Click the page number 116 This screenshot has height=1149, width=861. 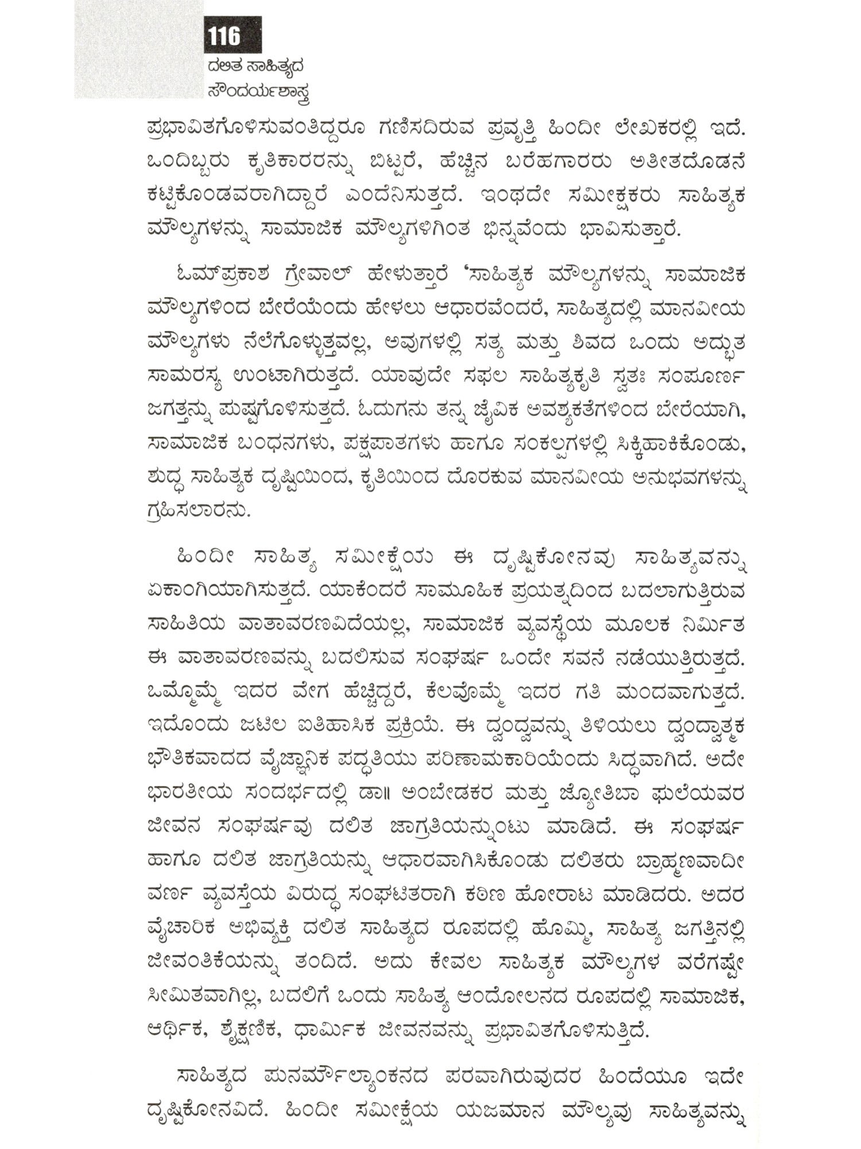224,36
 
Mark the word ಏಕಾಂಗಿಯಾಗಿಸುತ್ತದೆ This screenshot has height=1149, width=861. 230,589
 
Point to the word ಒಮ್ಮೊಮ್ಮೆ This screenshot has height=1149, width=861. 187,692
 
